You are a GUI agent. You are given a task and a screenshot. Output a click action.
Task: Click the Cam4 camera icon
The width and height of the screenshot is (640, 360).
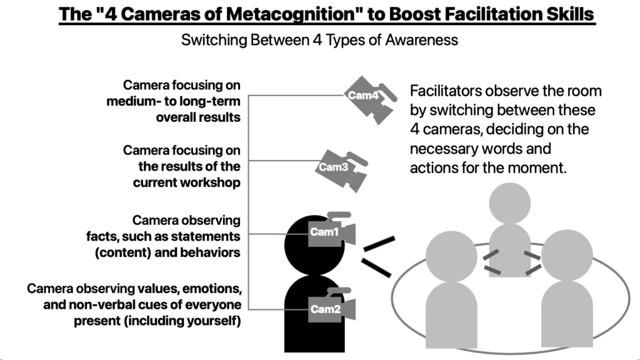pos(371,98)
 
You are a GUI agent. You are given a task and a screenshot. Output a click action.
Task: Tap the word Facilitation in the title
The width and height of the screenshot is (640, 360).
pos(482,14)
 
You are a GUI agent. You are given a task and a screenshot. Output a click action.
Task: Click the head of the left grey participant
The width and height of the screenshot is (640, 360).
pos(451,254)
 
